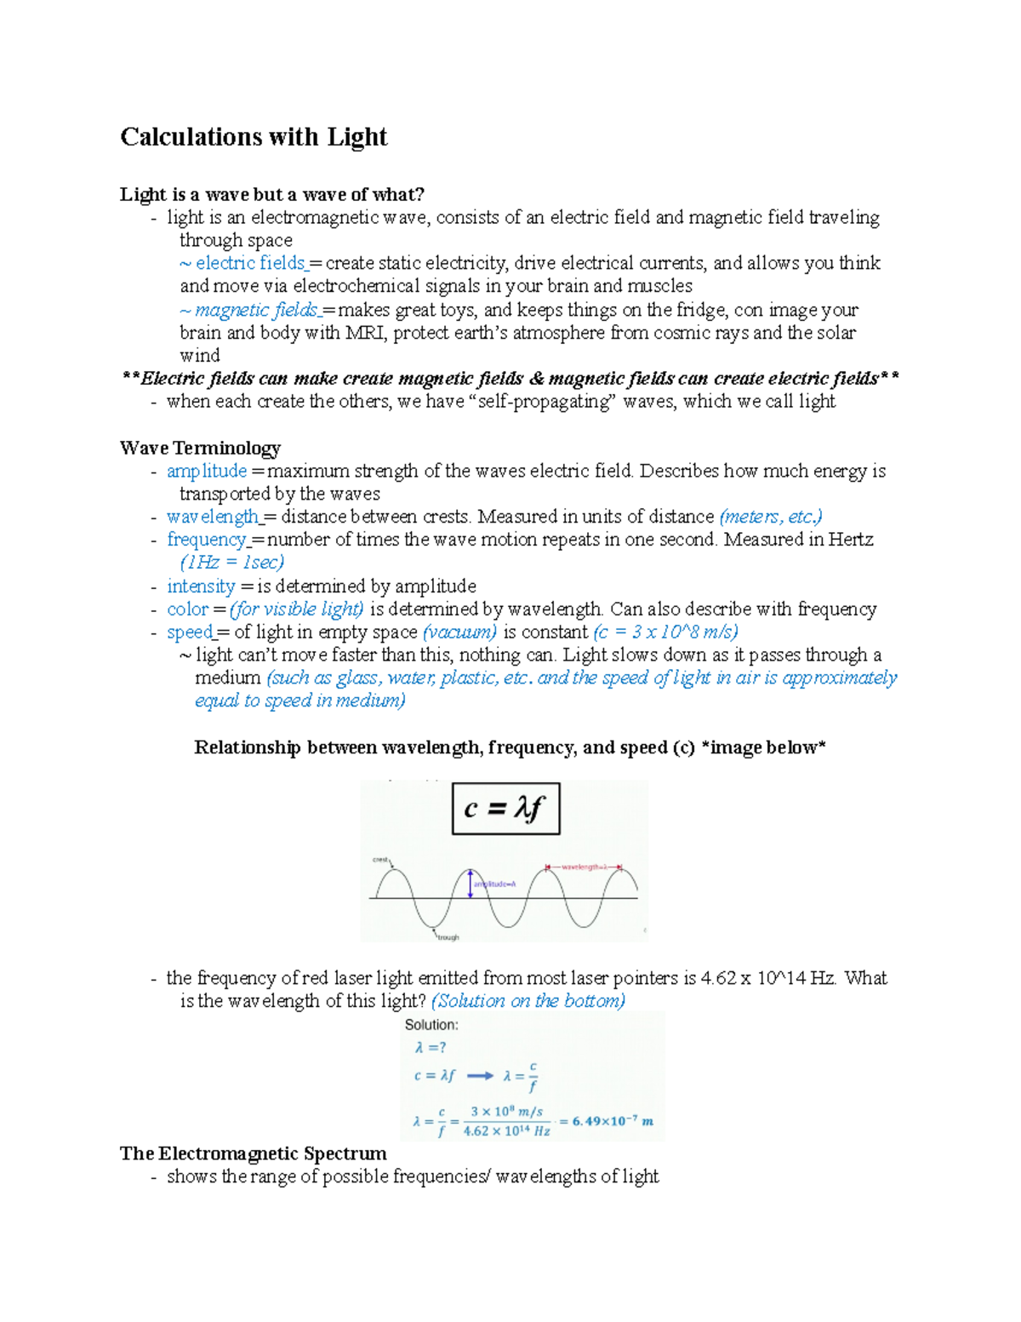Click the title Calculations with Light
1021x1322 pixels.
click(254, 137)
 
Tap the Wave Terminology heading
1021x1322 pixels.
click(200, 448)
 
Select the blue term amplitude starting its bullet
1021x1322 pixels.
click(207, 471)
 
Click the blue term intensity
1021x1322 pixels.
click(201, 586)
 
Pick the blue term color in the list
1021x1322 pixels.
click(187, 609)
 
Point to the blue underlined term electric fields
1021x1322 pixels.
click(250, 263)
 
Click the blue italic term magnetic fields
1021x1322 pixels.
click(256, 310)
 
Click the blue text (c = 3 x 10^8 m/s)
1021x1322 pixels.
click(665, 632)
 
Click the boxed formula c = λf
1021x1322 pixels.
click(505, 809)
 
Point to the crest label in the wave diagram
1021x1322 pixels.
click(380, 860)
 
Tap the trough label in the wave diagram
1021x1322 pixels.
click(448, 937)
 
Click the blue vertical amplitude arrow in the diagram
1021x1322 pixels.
click(470, 884)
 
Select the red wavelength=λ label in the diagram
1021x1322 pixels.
click(584, 867)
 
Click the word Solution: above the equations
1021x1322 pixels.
click(431, 1025)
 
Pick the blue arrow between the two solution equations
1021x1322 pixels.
click(480, 1076)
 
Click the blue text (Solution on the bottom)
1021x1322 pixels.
click(528, 1001)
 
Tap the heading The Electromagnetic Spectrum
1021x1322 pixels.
click(253, 1153)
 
